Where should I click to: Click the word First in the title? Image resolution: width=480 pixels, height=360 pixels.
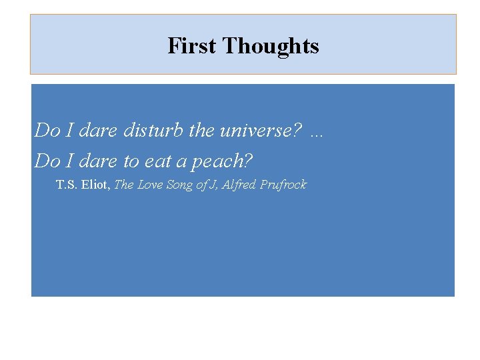click(192, 46)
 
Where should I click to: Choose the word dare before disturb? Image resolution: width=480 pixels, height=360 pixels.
click(97, 130)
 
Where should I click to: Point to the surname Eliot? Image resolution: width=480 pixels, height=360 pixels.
click(97, 185)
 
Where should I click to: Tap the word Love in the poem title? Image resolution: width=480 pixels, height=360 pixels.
click(149, 185)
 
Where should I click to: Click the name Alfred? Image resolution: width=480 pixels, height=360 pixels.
click(239, 185)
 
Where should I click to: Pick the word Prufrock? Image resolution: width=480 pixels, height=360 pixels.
click(283, 185)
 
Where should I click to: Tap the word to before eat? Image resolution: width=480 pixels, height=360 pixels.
click(131, 161)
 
